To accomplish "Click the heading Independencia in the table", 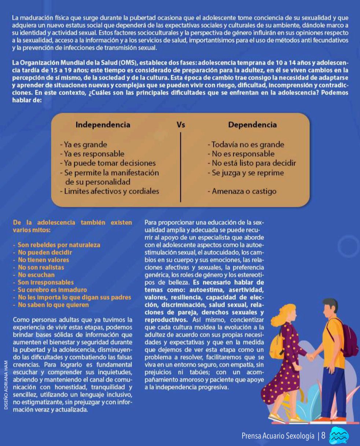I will pos(103,125).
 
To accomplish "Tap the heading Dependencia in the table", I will pos(252,125).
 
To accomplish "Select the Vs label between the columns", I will pos(181,125).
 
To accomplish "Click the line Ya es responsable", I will pos(92,154).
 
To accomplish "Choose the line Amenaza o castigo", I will pos(242,191).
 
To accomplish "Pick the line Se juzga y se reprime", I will pos(246,172).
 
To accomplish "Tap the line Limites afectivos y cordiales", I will pos(109,191).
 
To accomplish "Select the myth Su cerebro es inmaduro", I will pos(52,290).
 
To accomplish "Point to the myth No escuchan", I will pos(36,275).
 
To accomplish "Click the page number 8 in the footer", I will pos(323,436).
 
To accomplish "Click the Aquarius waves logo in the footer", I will pos(339,436).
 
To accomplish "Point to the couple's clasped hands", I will pos(311,357).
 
